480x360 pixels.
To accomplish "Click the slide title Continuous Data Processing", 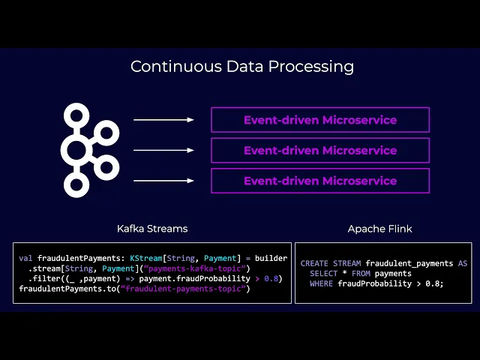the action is pos(242,66).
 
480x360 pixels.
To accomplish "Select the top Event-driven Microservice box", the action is pos(320,120).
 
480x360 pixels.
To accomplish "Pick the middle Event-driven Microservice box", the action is pos(320,150).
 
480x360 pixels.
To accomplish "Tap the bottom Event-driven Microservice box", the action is pos(320,181).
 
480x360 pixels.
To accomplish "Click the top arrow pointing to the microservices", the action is pos(163,119).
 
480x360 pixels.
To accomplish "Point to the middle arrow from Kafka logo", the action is pos(163,150).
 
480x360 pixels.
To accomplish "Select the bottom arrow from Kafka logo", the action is pos(163,181).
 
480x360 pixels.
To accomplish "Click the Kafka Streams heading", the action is pos(152,228).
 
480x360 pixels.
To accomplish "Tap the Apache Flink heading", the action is pos(379,228).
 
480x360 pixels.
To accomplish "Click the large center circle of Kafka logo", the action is pos(76,150).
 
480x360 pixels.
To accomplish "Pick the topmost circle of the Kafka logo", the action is pos(76,115).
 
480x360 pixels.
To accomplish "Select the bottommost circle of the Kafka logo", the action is pos(76,185).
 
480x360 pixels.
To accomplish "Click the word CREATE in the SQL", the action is pos(315,264).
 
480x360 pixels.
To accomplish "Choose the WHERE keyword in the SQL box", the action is pos(322,283).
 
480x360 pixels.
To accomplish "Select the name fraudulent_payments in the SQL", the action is pos(409,264).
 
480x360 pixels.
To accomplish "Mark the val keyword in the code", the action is pos(25,259).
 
